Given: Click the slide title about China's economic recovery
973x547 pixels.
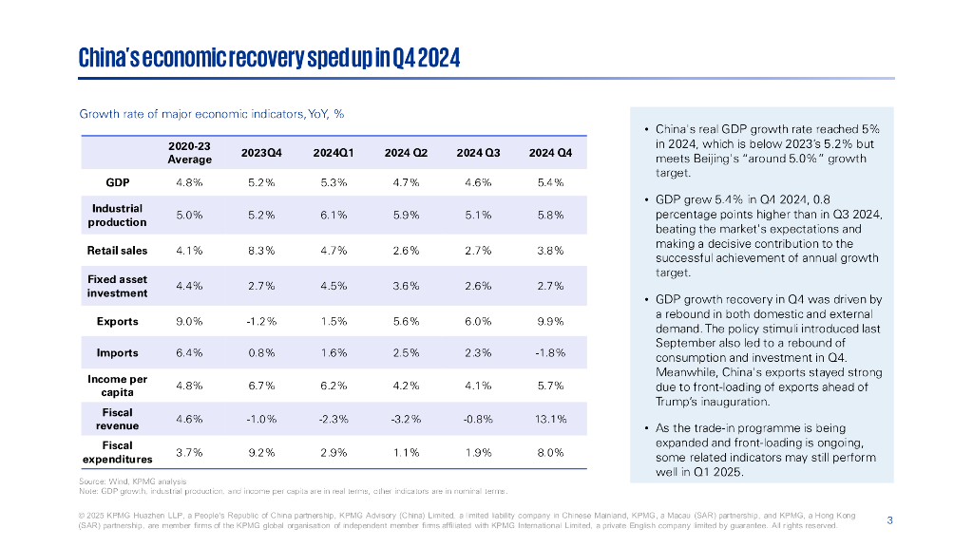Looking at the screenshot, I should pyautogui.click(x=270, y=58).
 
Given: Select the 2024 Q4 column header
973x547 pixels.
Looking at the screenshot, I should pyautogui.click(x=550, y=153).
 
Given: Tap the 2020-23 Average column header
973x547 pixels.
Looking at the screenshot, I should pyautogui.click(x=189, y=153).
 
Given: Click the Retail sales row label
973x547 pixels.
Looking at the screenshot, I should pyautogui.click(x=119, y=251).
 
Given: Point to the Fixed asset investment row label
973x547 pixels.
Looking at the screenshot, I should pyautogui.click(x=119, y=286).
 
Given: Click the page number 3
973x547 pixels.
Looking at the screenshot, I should pyautogui.click(x=889, y=519).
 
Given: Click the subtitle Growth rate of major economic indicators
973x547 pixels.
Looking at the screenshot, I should pyautogui.click(x=211, y=114).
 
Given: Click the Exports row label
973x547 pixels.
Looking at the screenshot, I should pyautogui.click(x=119, y=321).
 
